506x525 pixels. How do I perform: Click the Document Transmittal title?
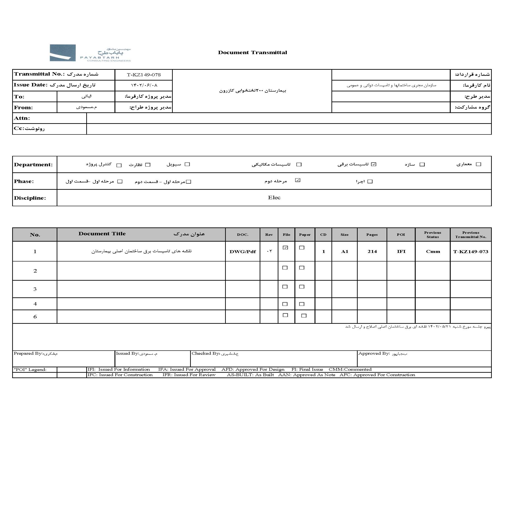tap(252, 53)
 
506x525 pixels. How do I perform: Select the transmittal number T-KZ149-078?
tap(144, 75)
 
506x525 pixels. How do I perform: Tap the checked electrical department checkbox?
tap(374, 164)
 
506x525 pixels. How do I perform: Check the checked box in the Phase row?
tap(298, 180)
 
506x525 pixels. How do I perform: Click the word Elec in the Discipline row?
tap(274, 198)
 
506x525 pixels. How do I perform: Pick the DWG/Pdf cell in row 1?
tap(243, 252)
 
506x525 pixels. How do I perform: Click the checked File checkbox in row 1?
tap(285, 248)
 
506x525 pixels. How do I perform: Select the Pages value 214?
tap(372, 252)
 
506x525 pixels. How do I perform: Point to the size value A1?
tap(344, 252)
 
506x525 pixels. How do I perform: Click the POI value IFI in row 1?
tap(401, 252)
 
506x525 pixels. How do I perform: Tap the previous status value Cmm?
tap(433, 252)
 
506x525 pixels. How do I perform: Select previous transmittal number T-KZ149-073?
tap(471, 252)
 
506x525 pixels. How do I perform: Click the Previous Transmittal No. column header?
tap(471, 235)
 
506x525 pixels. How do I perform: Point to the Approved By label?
tap(374, 354)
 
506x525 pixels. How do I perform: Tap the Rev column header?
tap(269, 235)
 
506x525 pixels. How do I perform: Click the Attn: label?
tap(22, 118)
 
